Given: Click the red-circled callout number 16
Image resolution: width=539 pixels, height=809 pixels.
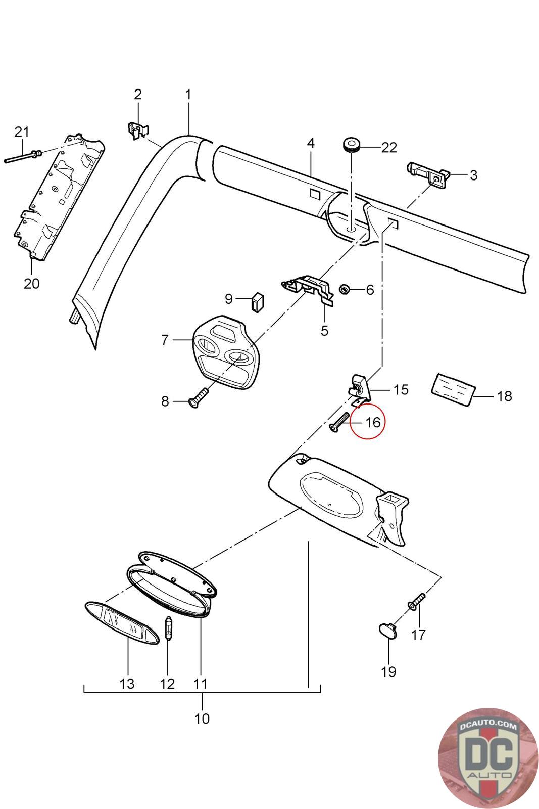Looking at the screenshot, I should (372, 422).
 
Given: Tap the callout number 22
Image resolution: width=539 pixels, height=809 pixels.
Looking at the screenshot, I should (389, 148).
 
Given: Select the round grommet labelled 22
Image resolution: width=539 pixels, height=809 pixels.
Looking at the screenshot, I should (351, 144).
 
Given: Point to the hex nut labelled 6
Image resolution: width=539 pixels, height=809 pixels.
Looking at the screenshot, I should (346, 290).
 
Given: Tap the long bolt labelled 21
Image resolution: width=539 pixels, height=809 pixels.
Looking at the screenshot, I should (23, 157).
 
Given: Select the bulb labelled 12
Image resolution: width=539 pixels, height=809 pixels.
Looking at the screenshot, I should (169, 628).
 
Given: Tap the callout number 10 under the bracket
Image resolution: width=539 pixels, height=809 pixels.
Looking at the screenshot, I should (202, 718).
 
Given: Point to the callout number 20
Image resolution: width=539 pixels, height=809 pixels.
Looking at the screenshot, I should (31, 283).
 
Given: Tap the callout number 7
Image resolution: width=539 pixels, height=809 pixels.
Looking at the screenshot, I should (165, 340).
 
